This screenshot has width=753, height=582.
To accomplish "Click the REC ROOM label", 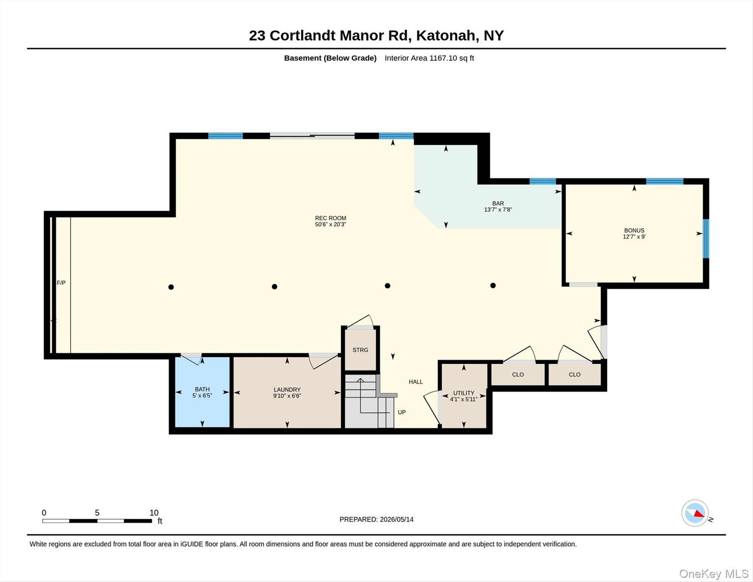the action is click(x=330, y=218).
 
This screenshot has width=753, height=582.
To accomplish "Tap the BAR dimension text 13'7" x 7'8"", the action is click(x=498, y=210).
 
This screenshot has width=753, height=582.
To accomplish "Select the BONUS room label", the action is click(x=634, y=230).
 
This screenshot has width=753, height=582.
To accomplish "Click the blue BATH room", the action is click(x=202, y=392).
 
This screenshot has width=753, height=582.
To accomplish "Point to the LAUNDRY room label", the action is click(x=287, y=390).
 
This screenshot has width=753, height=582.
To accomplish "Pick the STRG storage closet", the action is click(x=360, y=349).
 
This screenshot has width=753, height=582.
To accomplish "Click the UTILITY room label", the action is click(x=464, y=393).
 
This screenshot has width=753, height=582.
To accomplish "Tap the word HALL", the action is click(x=416, y=382).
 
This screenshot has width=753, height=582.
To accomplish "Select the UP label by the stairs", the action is click(x=401, y=412).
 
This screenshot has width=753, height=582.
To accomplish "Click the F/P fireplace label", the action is click(x=61, y=283).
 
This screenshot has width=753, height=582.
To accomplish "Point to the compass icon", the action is click(x=695, y=513).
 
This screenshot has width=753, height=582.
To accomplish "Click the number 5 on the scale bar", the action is click(x=97, y=513).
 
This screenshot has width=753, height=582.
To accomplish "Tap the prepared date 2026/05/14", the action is click(x=397, y=519).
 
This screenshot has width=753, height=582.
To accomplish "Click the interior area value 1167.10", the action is click(x=443, y=58).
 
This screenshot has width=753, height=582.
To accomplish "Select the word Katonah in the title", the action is click(x=445, y=36).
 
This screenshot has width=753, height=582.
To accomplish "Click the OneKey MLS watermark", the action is click(x=714, y=574).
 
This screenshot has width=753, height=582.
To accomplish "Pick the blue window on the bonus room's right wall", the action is click(x=706, y=239).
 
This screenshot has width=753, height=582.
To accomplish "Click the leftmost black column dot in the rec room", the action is click(x=171, y=287).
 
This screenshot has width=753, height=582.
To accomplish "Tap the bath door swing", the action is click(x=191, y=359).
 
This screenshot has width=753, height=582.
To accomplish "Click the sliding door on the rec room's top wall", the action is click(x=312, y=136).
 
